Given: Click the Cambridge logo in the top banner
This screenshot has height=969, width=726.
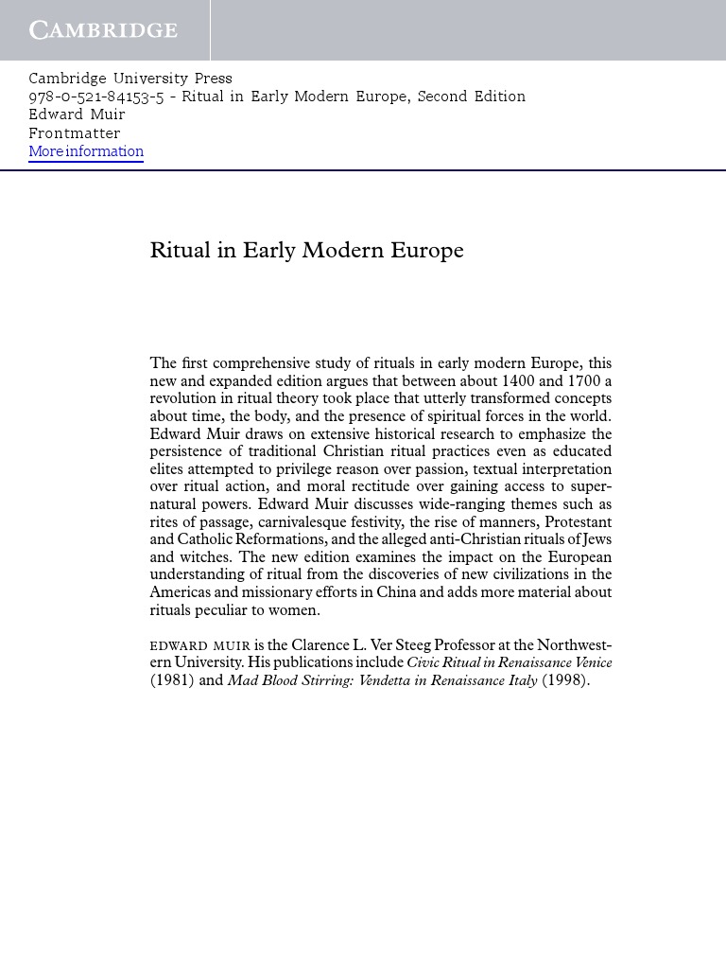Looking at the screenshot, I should pos(103,30).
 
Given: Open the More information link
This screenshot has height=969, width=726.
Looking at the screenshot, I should pos(86,151).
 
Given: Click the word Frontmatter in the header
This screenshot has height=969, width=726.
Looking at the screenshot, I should pos(74,133).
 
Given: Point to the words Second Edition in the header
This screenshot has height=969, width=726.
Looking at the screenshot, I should pos(471,97).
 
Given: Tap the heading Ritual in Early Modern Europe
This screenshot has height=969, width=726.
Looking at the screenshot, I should pos(306,251).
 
